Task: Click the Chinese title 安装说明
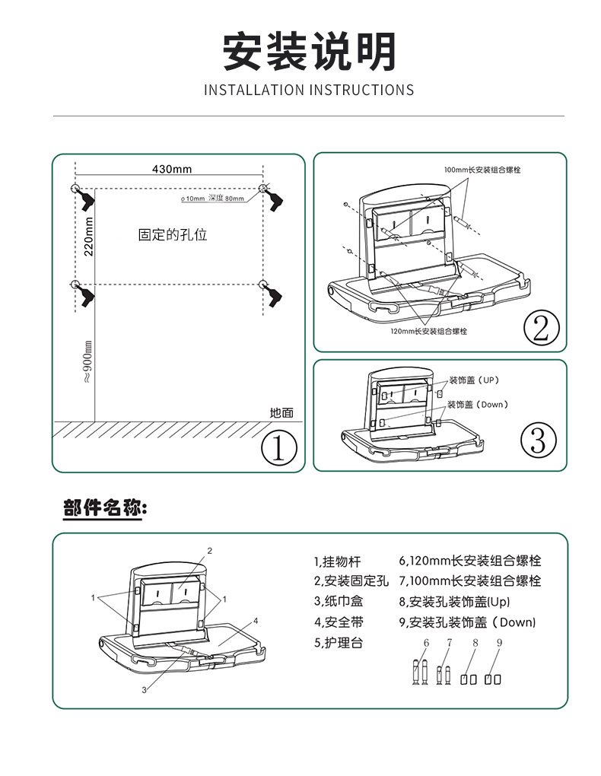pos(309,52)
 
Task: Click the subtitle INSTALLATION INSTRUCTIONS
pos(309,91)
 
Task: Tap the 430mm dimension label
pos(172,169)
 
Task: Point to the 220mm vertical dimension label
pos(88,236)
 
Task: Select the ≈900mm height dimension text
pos(87,362)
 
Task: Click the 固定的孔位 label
pos(173,234)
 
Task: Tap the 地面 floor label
pos(281,412)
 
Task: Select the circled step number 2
pos(541,328)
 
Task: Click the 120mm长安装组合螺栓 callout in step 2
pos(428,331)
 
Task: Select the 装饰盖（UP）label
pos(474,380)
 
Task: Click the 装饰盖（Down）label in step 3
pos(477,404)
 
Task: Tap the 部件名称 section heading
pos(105,509)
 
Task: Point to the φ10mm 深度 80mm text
pos(212,198)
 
